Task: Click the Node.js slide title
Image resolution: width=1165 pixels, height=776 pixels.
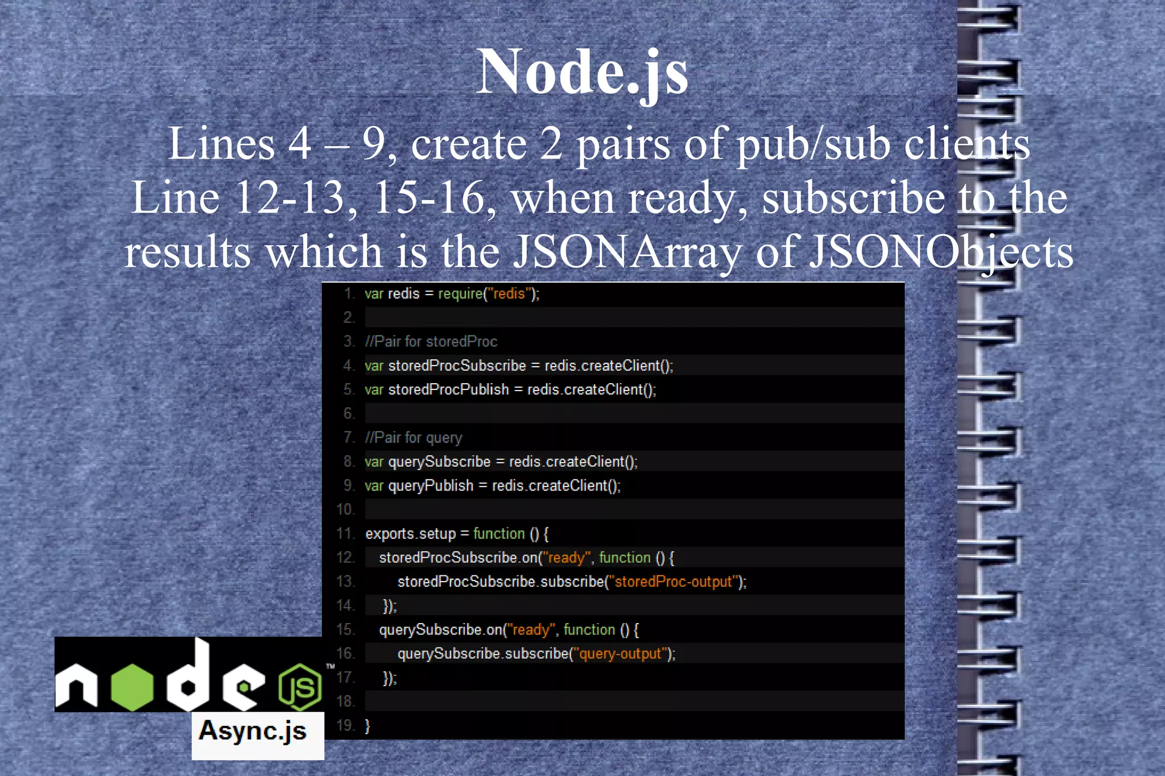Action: click(582, 72)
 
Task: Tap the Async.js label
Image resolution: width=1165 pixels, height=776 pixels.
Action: click(253, 732)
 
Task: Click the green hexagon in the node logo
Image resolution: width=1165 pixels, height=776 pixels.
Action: click(132, 687)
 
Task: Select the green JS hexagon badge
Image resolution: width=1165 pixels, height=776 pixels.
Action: click(300, 687)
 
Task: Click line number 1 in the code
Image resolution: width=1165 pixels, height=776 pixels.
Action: click(349, 294)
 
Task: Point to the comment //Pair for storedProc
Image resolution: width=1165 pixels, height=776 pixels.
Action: click(431, 342)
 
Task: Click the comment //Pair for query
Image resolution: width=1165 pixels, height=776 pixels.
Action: click(414, 438)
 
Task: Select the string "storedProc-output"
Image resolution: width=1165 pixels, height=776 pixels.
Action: click(674, 582)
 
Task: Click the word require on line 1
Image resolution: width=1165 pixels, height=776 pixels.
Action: click(460, 294)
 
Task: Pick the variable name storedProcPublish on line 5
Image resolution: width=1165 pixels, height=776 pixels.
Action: click(448, 390)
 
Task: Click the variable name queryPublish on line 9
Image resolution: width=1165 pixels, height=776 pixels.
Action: click(431, 486)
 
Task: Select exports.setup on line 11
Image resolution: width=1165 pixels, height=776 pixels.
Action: click(410, 534)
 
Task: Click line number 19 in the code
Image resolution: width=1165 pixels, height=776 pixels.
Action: click(345, 726)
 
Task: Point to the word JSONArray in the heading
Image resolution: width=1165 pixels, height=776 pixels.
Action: click(627, 252)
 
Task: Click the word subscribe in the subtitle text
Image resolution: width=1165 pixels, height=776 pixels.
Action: click(854, 198)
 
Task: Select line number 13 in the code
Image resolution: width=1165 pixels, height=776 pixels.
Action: click(345, 582)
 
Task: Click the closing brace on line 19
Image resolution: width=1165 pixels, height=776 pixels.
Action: click(367, 726)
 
